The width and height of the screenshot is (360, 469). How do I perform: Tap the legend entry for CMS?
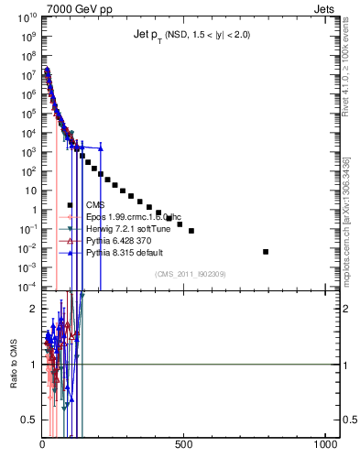coord(95,205)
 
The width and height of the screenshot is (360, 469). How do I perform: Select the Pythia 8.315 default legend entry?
coord(120,252)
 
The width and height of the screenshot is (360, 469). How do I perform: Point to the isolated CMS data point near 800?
coord(266,251)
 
